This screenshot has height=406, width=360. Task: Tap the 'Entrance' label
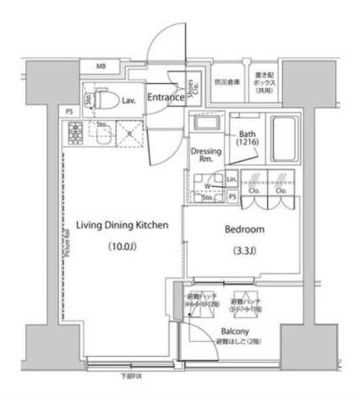pos(166,98)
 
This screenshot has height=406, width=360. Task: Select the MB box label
pos(101,66)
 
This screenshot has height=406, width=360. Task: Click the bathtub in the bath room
pos(285,134)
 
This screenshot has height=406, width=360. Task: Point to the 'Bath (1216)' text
pos(248,139)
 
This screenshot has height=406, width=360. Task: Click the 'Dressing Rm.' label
pos(203,154)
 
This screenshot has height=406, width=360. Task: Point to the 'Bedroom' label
pos(246,229)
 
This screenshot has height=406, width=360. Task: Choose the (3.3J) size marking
pos(245,251)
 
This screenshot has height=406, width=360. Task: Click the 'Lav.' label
pos(129,100)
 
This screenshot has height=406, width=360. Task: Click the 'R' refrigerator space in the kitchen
pos(129,132)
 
